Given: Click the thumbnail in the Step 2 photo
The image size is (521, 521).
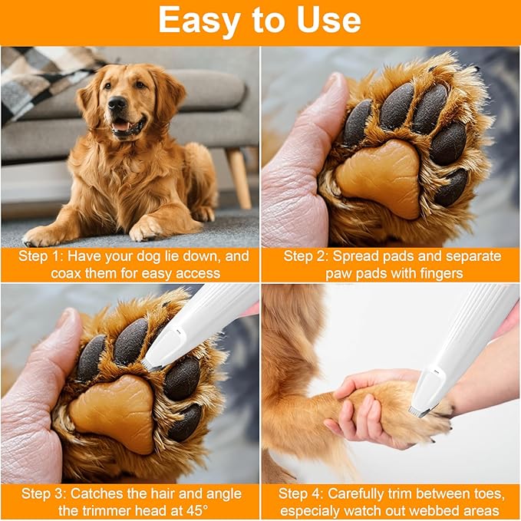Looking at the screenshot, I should [x=331, y=84].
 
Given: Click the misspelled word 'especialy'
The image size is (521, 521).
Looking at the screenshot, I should [x=314, y=510].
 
